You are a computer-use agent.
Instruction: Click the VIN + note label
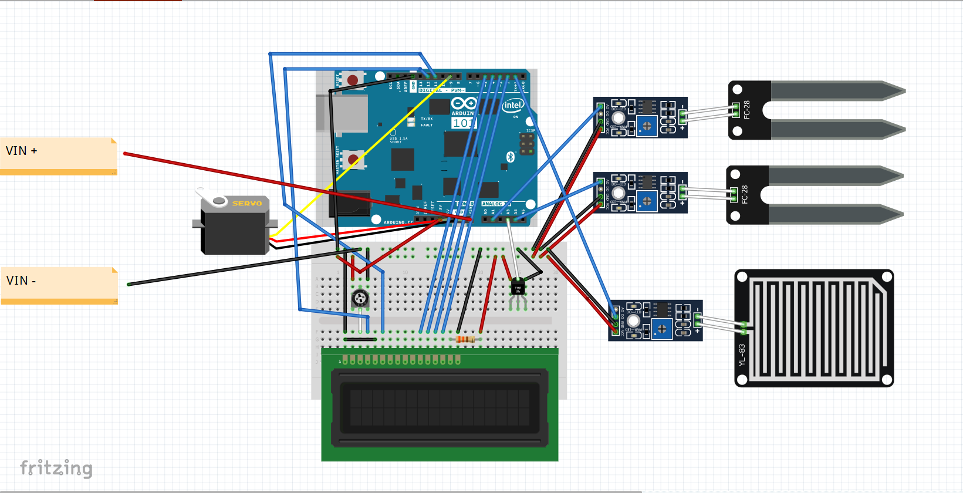click(22, 151)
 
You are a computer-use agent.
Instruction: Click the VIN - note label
click(21, 281)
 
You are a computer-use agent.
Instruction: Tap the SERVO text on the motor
click(246, 204)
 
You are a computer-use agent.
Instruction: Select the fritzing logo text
click(56, 468)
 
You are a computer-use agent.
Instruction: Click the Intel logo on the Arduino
click(512, 105)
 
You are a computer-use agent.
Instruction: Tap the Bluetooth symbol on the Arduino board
click(510, 157)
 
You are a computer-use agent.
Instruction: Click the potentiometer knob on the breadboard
click(360, 298)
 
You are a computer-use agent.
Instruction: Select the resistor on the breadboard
click(465, 339)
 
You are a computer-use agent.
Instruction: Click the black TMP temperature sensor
click(518, 288)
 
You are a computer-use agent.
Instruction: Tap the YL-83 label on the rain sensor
click(742, 355)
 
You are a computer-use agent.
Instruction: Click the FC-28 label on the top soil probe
click(746, 110)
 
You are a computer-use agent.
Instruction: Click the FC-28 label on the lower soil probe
click(744, 194)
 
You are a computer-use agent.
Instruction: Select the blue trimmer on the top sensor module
click(647, 126)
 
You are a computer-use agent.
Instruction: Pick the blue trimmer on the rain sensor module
click(662, 329)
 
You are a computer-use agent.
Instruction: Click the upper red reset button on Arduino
click(353, 80)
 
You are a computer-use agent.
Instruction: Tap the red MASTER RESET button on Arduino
click(353, 159)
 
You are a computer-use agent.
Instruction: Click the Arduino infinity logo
click(464, 104)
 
